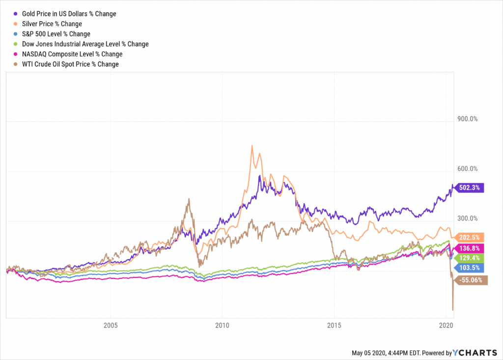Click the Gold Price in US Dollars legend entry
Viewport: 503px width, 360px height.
point(68,13)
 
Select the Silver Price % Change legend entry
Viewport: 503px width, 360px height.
point(51,24)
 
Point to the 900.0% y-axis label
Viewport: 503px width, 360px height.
point(467,119)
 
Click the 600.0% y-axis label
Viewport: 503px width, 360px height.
point(467,169)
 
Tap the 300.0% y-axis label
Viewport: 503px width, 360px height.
point(467,218)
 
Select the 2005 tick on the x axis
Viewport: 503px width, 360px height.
point(111,325)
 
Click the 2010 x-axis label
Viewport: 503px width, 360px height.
point(223,325)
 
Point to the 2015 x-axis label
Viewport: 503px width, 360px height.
point(334,325)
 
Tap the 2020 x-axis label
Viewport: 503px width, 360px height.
point(446,325)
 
